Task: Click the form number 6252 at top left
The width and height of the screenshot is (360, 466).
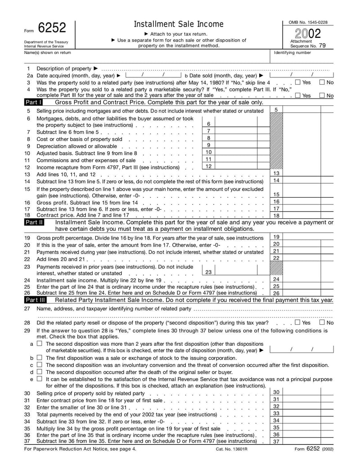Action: point(52,28)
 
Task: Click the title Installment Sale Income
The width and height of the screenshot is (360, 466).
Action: point(179,24)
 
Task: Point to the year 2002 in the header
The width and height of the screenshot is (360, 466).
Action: point(308,34)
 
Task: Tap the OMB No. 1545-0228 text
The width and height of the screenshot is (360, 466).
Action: point(308,23)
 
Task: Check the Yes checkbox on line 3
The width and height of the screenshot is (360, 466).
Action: point(297,82)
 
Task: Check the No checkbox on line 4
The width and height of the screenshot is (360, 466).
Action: point(322,95)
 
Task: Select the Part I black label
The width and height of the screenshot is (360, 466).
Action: point(34,102)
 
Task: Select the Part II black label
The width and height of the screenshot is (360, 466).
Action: point(34,222)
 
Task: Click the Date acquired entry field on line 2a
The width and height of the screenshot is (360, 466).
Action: point(153,75)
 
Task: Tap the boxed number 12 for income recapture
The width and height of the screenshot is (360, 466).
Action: point(208,166)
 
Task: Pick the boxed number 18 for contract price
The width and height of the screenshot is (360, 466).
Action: point(276,216)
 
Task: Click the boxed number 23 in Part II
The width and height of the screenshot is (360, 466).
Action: point(208,272)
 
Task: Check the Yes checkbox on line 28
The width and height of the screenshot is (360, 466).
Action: point(297,322)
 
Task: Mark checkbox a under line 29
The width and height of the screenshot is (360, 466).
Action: point(40,343)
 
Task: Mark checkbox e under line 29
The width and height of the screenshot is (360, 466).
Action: point(40,379)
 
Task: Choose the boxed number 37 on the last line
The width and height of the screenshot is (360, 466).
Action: point(276,442)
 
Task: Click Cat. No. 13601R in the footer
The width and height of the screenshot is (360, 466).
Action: point(232,449)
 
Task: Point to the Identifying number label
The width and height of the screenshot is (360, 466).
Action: point(292,53)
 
